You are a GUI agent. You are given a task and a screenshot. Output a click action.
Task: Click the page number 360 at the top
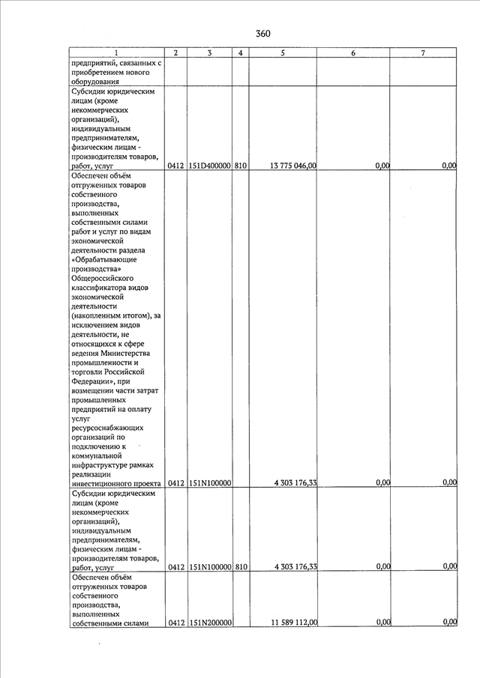coord(262,34)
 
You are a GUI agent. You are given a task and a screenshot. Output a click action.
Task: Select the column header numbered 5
coord(282,52)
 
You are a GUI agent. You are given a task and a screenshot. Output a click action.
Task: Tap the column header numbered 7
coord(423,52)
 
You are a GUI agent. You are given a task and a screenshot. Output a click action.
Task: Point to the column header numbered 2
coord(175,52)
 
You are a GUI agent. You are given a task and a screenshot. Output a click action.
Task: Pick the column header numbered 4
coord(240,52)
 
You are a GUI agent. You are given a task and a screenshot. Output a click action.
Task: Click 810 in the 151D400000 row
coord(240,166)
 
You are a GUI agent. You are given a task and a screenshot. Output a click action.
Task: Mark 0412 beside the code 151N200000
coord(175,623)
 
